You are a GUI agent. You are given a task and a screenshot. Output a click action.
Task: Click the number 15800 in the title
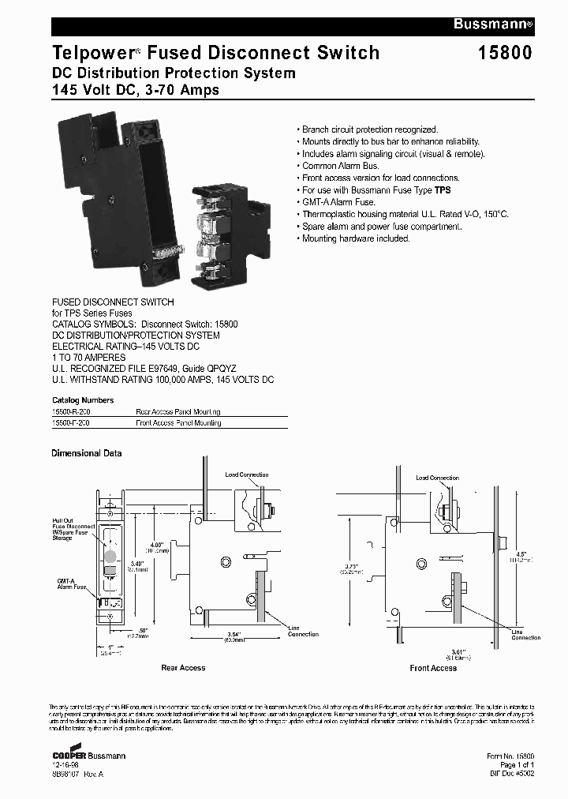505,54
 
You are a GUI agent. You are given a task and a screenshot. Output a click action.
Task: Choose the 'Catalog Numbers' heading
83,400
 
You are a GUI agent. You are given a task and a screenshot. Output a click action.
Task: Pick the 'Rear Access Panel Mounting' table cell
177,412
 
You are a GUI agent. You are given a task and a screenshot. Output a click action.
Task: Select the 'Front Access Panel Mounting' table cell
178,423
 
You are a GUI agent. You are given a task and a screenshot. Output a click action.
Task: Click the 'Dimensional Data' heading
87,453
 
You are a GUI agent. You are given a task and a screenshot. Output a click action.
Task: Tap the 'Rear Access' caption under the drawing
183,668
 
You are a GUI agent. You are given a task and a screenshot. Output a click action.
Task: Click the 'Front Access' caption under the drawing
433,668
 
